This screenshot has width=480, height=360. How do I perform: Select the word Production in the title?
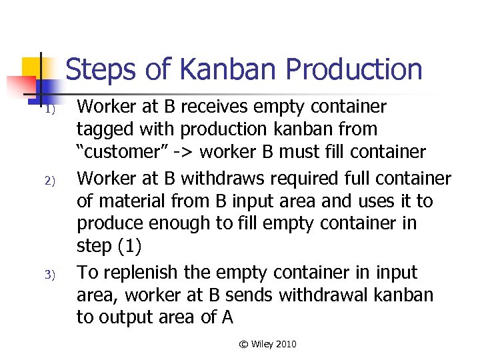[354, 70]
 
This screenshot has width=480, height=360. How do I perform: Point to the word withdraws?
[216, 179]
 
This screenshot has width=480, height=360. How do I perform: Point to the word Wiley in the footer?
[264, 344]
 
